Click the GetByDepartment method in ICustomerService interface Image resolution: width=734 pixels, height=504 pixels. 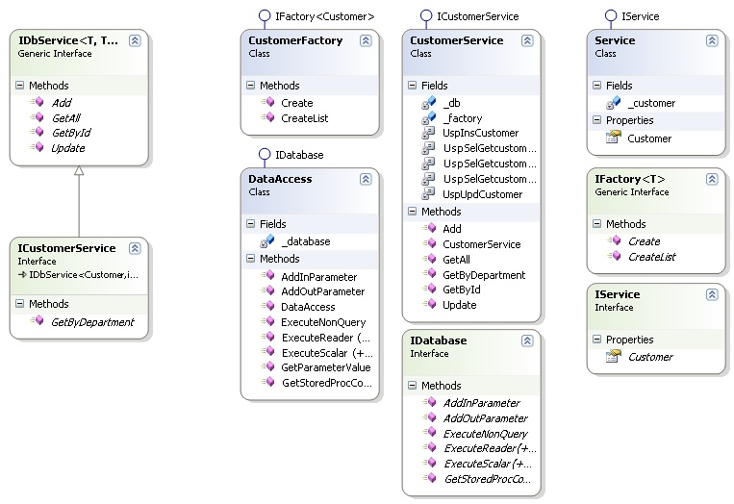(92, 322)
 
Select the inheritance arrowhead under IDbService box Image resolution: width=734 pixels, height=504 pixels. (79, 171)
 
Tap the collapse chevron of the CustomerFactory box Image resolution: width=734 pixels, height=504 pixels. (366, 41)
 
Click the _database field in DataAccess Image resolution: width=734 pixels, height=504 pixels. (306, 241)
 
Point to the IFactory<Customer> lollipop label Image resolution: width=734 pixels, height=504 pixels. (325, 16)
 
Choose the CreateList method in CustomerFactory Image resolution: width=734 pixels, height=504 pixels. (304, 118)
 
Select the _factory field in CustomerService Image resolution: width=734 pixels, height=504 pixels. (463, 117)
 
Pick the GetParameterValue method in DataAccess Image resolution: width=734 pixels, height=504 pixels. (325, 367)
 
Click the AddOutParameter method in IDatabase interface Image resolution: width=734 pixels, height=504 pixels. (487, 418)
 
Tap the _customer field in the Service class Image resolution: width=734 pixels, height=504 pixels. (653, 103)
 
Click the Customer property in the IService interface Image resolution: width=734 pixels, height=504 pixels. (649, 357)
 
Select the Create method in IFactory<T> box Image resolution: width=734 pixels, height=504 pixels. (644, 241)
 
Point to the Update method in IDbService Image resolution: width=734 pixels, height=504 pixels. (67, 148)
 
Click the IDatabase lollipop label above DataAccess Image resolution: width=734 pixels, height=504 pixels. (299, 154)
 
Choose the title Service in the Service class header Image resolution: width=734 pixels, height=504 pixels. (615, 41)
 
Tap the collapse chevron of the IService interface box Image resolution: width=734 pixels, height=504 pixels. (712, 295)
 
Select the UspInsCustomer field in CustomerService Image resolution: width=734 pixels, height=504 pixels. (480, 133)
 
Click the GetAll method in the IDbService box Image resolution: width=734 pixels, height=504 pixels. (66, 117)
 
